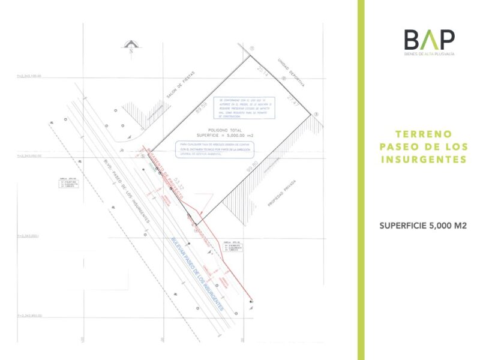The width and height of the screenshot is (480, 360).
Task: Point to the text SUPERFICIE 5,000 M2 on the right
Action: [x=423, y=226]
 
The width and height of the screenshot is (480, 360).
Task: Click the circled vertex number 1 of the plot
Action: [x=253, y=48]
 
